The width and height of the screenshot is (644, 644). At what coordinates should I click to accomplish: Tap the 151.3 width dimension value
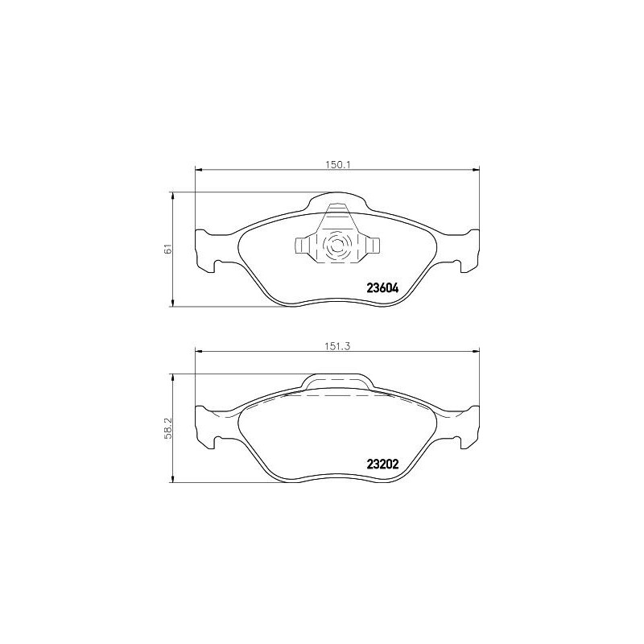pyautogui.click(x=338, y=344)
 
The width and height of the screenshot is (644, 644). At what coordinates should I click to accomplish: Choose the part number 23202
pyautogui.click(x=382, y=464)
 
